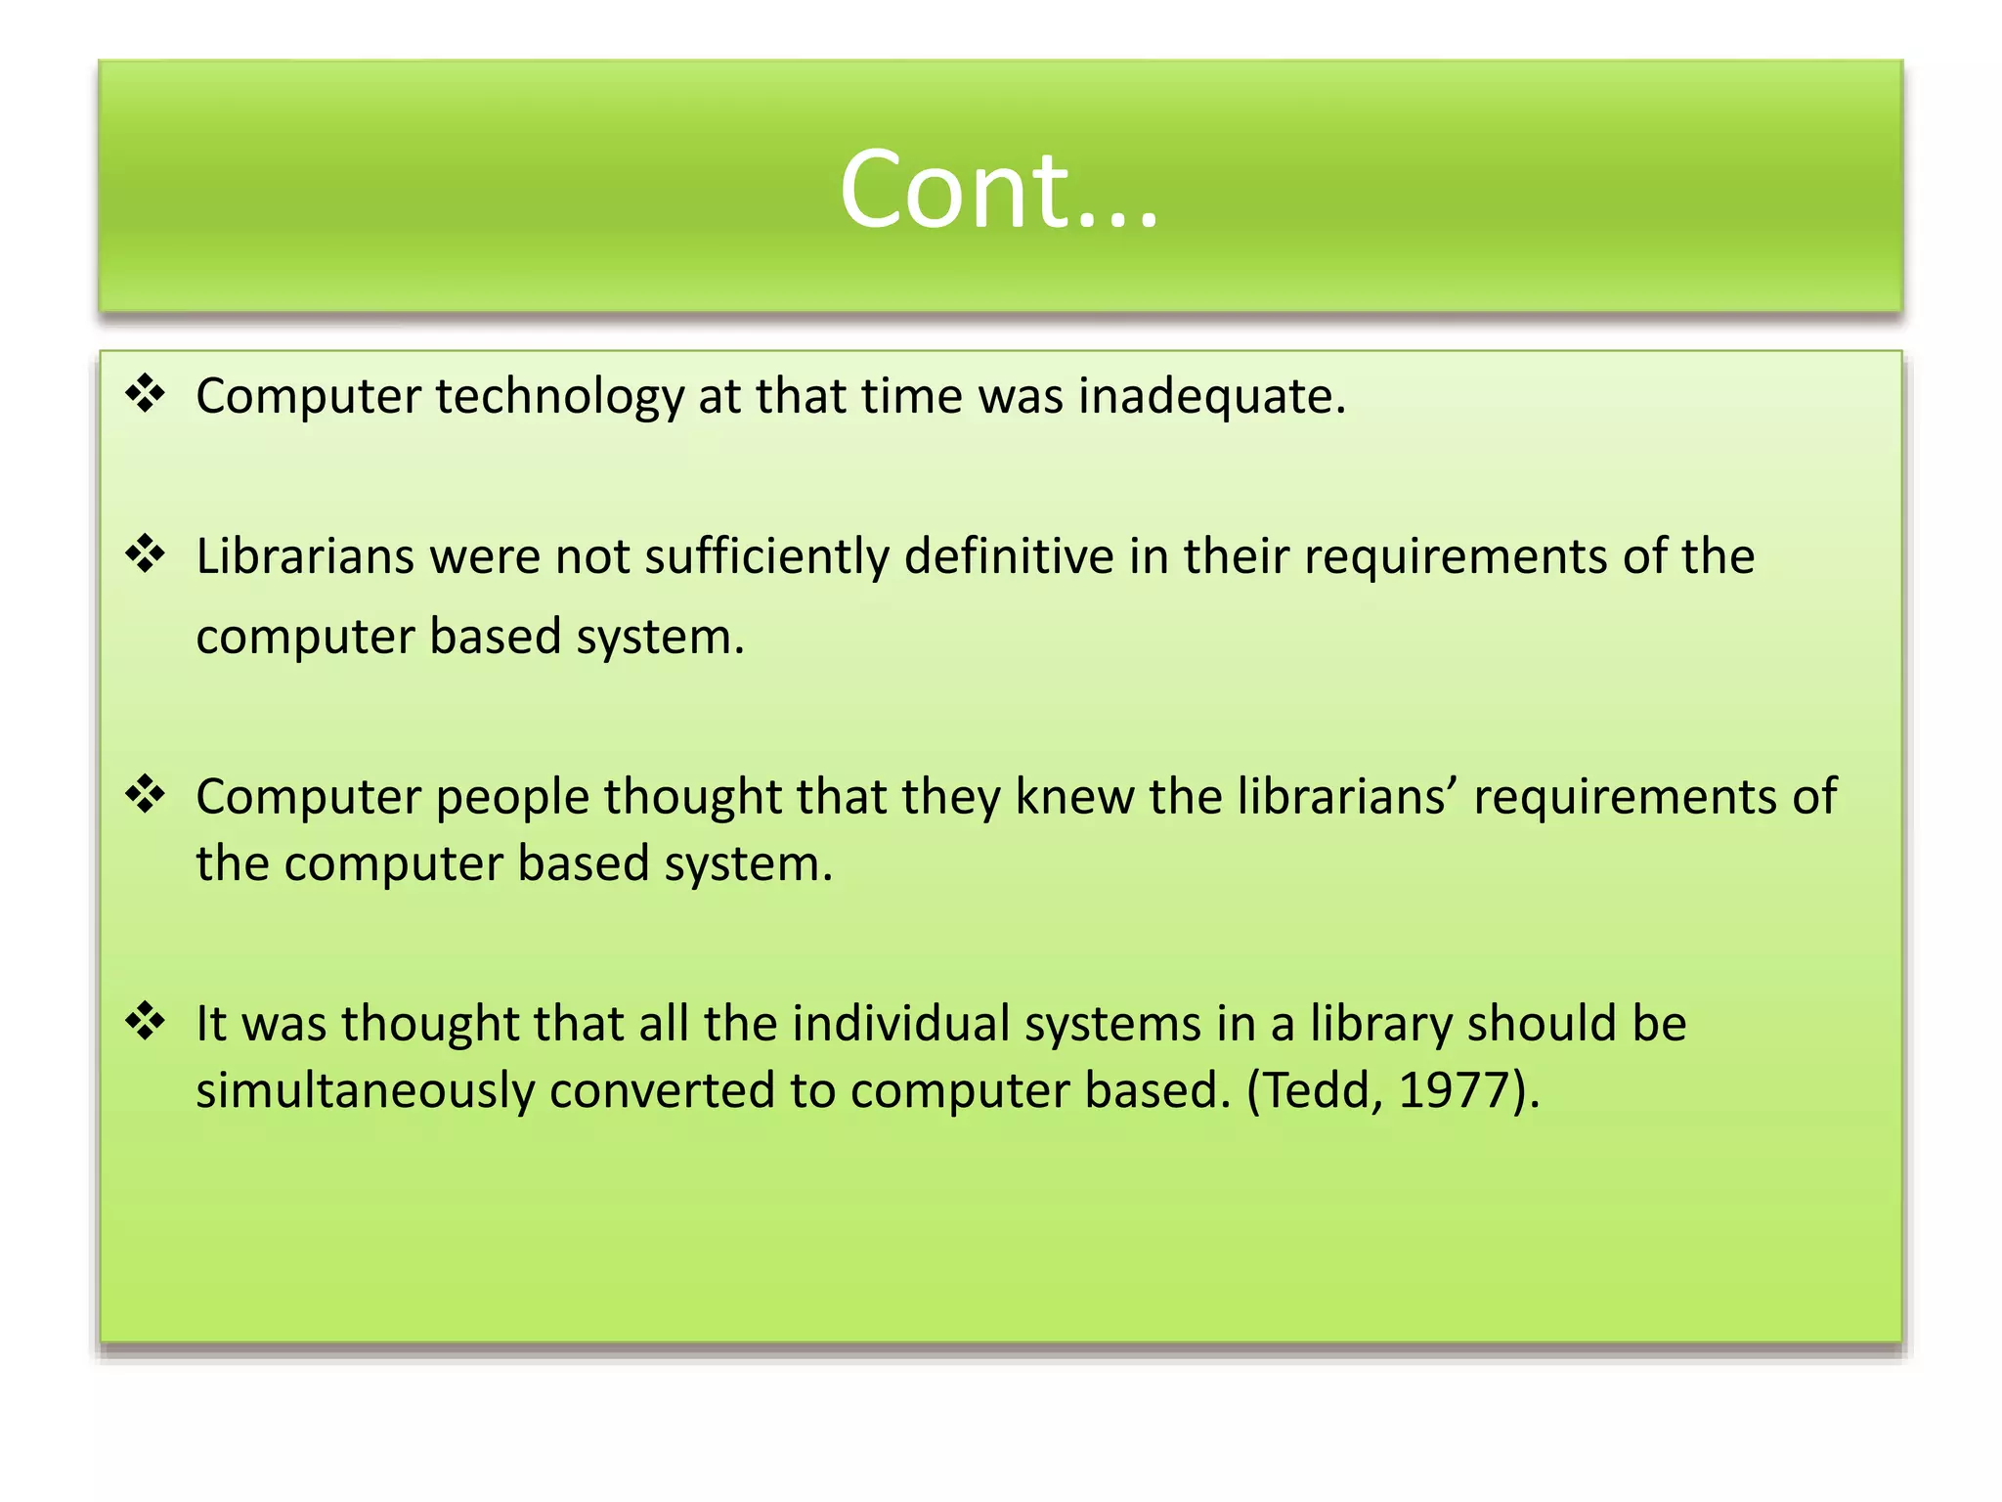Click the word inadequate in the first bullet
(x=1212, y=396)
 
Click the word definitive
(x=1009, y=555)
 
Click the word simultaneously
(x=365, y=1091)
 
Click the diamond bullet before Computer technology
(x=146, y=394)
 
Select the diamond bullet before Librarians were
(x=146, y=554)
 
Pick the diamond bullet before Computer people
(x=146, y=794)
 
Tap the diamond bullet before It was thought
(x=146, y=1022)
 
